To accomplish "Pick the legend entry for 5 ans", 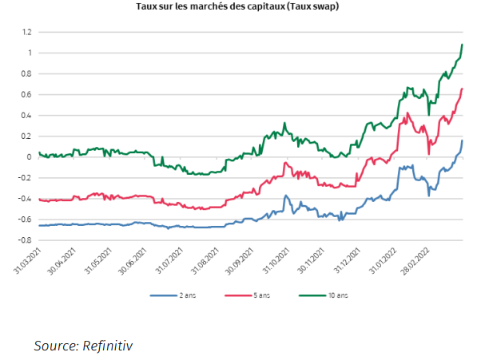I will tap(259, 295).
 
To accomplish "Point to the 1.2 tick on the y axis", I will tap(26, 32).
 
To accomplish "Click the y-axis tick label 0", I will tap(29, 156).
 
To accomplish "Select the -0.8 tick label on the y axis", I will tap(24, 239).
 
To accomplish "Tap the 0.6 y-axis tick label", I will tap(26, 94).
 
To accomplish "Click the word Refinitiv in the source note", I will tap(105, 346).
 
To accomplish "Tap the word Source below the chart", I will tap(53, 346).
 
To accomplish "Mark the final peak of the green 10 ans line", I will tap(463, 45).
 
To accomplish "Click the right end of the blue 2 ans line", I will tap(463, 140).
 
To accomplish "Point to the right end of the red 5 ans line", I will tap(463, 89).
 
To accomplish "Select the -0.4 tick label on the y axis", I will tap(24, 198).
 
